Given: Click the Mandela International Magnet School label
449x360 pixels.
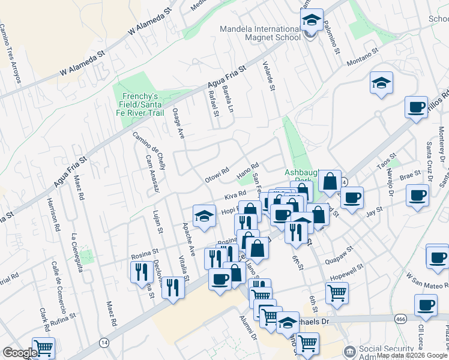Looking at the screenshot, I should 260,33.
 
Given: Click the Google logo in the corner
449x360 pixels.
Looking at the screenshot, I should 20,352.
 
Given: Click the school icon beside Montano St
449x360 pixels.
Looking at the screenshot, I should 381,84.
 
